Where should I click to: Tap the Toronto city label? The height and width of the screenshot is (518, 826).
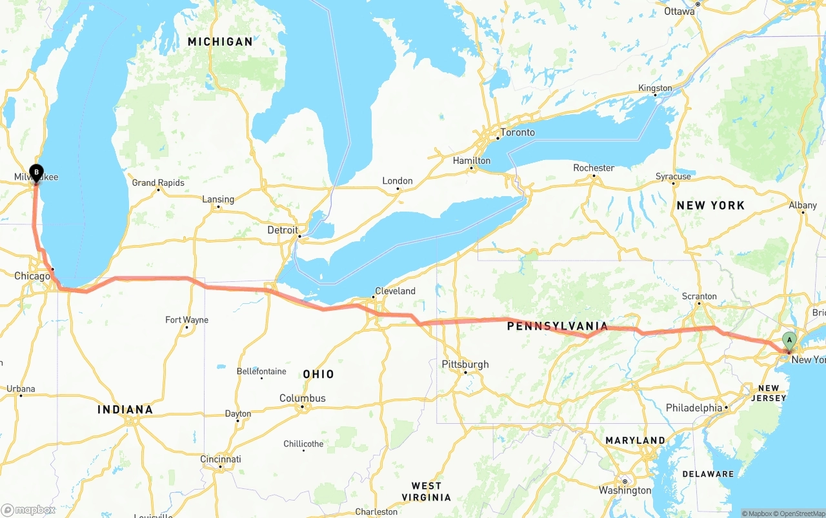coord(518,132)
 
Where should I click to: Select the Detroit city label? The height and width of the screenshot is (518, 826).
coord(283,230)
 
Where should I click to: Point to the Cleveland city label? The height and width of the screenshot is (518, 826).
coord(395,291)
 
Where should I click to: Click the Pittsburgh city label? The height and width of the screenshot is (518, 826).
coord(465,364)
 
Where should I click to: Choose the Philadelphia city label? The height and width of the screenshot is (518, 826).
coord(694,408)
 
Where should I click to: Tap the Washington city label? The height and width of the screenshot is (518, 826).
coord(625,490)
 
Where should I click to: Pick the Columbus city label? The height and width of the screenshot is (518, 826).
coord(302,398)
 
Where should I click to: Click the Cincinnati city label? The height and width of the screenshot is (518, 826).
coord(221,459)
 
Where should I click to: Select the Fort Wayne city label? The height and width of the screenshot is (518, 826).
coord(186,320)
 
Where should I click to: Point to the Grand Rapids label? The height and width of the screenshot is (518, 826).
coord(158,183)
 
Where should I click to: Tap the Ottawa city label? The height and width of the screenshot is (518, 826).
coord(680,11)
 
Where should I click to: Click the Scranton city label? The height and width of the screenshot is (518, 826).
coord(699,296)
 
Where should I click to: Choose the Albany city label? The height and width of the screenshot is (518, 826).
coord(803,205)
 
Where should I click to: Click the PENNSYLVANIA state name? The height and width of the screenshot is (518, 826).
coord(558,326)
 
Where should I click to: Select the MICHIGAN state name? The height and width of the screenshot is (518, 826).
coord(220,41)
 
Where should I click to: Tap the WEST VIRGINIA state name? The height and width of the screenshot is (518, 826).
coord(427,492)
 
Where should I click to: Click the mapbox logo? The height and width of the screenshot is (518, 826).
coord(28,510)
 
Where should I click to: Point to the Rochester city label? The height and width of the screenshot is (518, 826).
coord(594,168)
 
